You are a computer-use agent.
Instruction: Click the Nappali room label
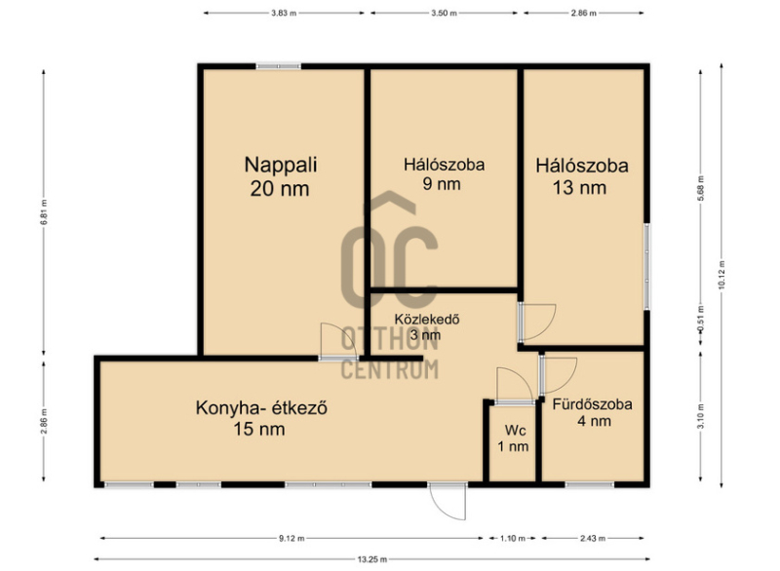coord(281,176)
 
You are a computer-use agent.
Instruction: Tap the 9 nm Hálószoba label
coord(444,174)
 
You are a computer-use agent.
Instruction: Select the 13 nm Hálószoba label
coord(581,176)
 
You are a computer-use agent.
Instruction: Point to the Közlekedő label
coord(426,326)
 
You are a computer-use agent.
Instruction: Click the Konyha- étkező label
coord(261,418)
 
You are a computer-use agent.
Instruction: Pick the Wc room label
coord(514,438)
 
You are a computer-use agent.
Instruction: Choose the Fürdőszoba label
coord(593,412)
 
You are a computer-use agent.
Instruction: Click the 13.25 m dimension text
coord(372,559)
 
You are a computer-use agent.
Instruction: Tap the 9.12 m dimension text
coord(292,538)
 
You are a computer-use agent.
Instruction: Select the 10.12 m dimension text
coord(721,275)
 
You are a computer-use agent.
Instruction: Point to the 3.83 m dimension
coord(284,14)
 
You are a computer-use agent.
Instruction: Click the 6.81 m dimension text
coord(44,212)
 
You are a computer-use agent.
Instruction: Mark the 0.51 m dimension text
coord(701,324)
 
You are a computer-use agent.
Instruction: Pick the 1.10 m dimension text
coord(513,538)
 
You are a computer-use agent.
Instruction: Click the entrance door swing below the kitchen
coord(448,502)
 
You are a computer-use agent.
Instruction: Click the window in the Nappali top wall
coord(279,66)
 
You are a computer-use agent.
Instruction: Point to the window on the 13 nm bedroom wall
coord(646,267)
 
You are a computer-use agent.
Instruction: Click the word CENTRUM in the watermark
coord(389,369)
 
